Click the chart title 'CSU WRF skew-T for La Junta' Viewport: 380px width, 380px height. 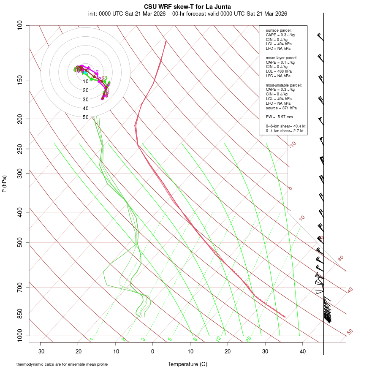(x=187, y=7)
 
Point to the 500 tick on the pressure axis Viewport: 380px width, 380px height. (x=20, y=242)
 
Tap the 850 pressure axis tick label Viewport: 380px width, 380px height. (x=20, y=314)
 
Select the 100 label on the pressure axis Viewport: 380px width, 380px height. (x=20, y=25)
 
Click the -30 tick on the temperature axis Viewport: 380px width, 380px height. (x=41, y=351)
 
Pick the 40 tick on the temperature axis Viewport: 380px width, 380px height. (x=302, y=351)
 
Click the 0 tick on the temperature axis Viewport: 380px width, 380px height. (x=153, y=351)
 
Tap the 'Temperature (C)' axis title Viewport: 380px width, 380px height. (x=187, y=364)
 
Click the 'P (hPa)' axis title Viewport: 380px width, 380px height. (x=4, y=184)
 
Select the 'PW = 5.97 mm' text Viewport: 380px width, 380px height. (x=279, y=117)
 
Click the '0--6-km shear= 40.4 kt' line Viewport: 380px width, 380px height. (x=285, y=126)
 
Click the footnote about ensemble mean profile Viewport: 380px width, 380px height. (x=62, y=364)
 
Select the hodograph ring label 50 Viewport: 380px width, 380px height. (x=85, y=117)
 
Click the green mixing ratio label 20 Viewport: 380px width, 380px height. (x=248, y=339)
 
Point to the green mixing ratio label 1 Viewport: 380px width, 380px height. (x=92, y=339)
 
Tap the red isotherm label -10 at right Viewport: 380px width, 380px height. (x=292, y=144)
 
